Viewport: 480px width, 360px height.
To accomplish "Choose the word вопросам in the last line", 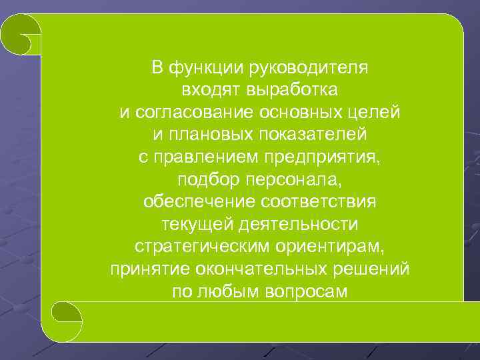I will [306, 292].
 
